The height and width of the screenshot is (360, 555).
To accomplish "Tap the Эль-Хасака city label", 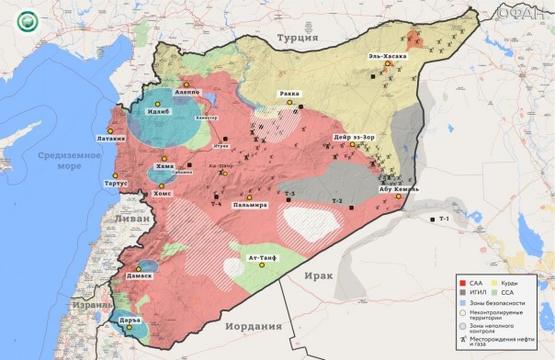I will [x=387, y=55].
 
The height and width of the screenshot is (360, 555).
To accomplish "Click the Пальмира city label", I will [x=249, y=205].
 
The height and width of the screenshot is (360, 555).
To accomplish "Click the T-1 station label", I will [x=444, y=219].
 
